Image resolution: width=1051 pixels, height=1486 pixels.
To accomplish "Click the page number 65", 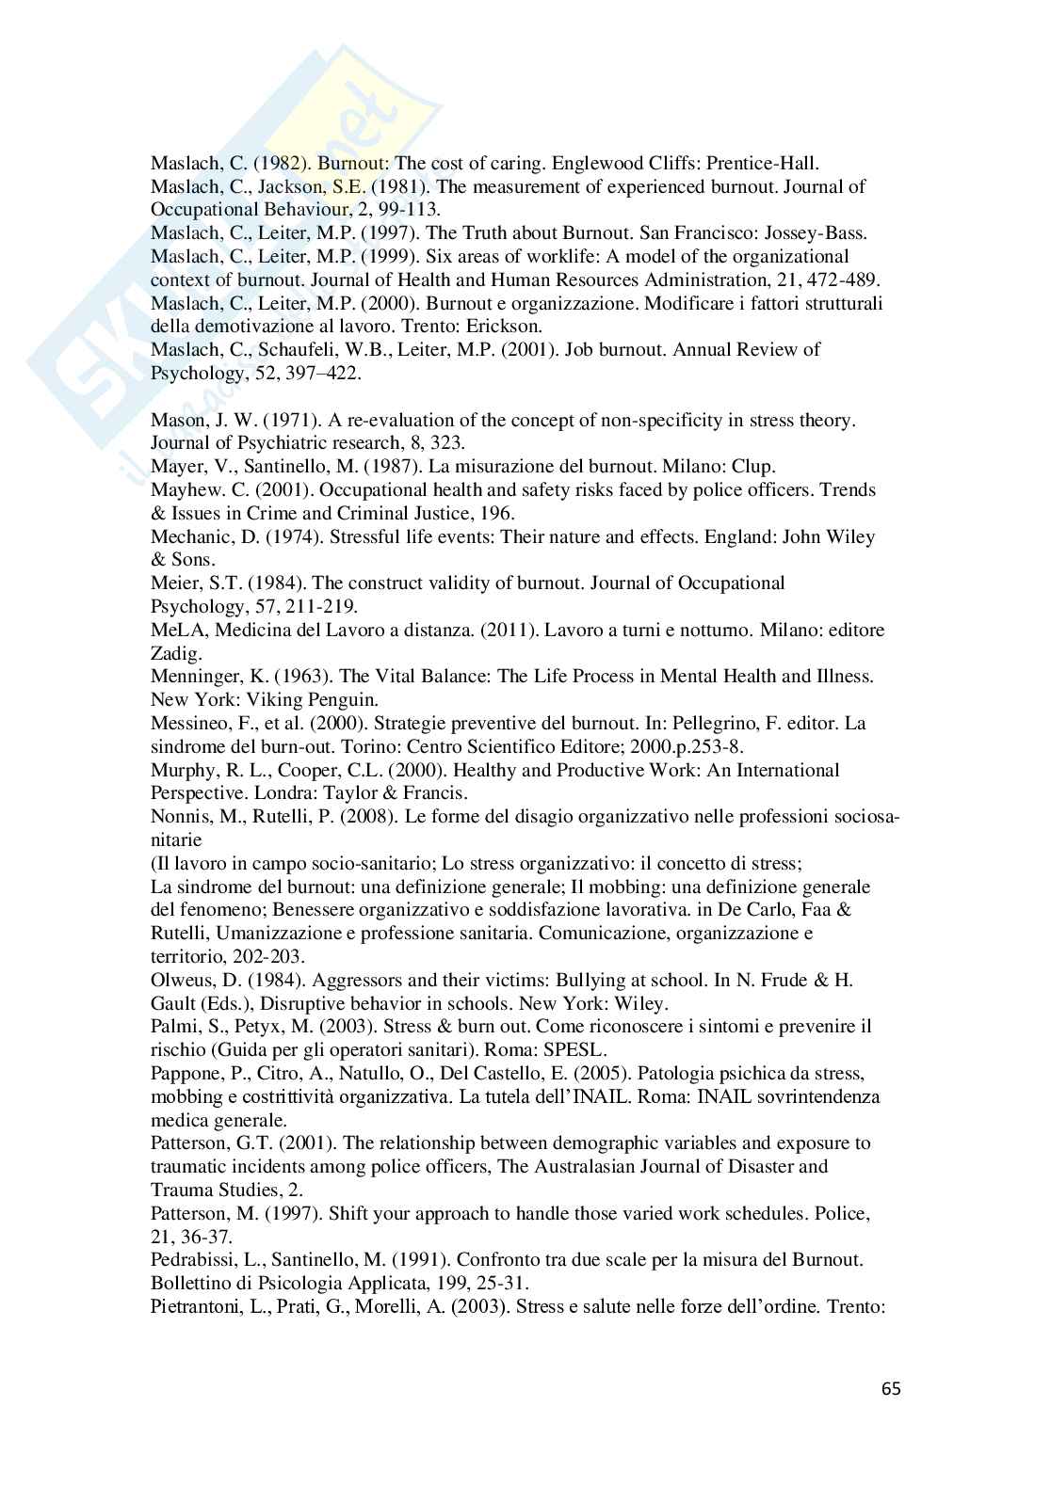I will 891,1389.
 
